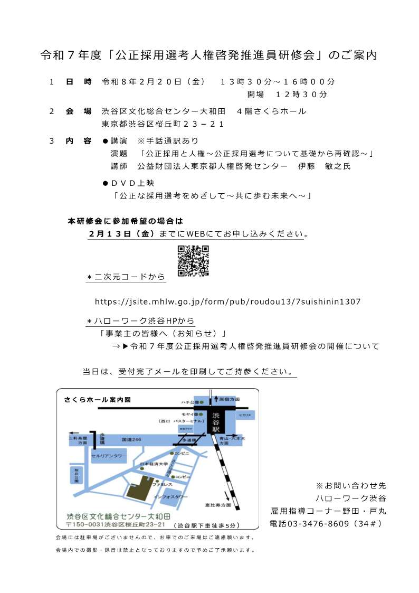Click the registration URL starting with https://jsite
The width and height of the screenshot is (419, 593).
coord(227,302)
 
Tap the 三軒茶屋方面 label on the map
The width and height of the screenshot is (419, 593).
coord(77,440)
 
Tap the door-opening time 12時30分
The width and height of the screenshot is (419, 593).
coord(301,95)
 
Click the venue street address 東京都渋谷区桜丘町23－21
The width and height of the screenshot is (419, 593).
coord(163,124)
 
